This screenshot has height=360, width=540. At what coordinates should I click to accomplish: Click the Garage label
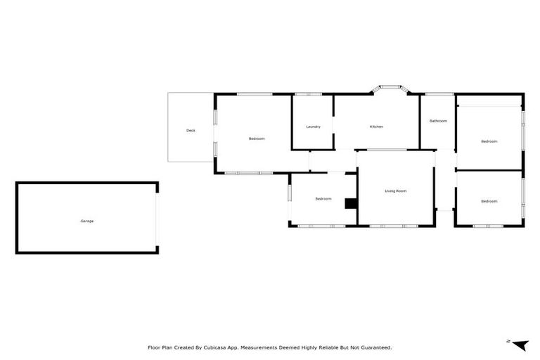point(86,221)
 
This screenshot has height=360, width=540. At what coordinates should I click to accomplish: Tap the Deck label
point(191,131)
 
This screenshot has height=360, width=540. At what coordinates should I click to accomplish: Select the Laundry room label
point(314,127)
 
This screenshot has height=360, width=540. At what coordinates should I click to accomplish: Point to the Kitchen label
point(376,127)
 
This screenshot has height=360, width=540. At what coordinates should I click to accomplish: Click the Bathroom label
point(438,121)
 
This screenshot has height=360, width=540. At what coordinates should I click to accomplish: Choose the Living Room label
point(395,191)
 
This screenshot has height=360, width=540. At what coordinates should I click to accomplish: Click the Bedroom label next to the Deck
point(257,139)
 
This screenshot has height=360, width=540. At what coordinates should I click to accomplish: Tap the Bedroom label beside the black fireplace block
point(323,199)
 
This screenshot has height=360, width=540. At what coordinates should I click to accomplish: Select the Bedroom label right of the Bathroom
point(489,141)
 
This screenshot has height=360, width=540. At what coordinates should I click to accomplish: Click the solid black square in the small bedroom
point(350,203)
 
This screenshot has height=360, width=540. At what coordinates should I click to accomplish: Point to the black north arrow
point(520,344)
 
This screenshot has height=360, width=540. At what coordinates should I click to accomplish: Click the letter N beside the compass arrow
point(508,341)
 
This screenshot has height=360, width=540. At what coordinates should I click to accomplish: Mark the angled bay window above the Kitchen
point(390,89)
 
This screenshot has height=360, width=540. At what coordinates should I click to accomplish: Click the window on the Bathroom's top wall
point(439,94)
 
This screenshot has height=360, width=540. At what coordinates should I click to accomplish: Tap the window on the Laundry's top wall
point(308,94)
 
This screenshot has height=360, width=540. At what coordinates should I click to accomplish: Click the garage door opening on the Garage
point(157,217)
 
